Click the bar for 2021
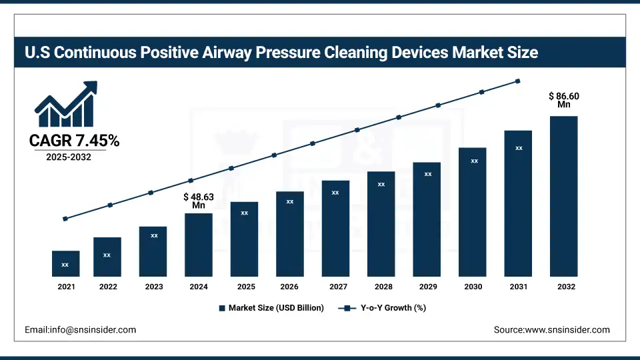(x=65, y=264)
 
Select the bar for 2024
(x=199, y=245)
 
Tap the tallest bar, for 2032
(x=563, y=196)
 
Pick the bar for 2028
(x=381, y=224)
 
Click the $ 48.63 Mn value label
(x=199, y=201)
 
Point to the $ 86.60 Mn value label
(x=563, y=101)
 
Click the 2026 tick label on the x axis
(x=289, y=287)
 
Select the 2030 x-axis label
(x=473, y=287)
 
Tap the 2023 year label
(x=153, y=287)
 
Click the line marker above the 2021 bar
(x=65, y=219)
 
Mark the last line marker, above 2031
(x=518, y=81)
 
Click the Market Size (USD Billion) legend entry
(x=271, y=308)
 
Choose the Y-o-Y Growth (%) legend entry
(x=383, y=308)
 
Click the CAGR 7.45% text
(x=74, y=141)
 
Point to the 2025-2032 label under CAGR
(x=68, y=157)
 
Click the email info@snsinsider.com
(x=80, y=330)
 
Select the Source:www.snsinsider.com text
(x=551, y=330)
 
